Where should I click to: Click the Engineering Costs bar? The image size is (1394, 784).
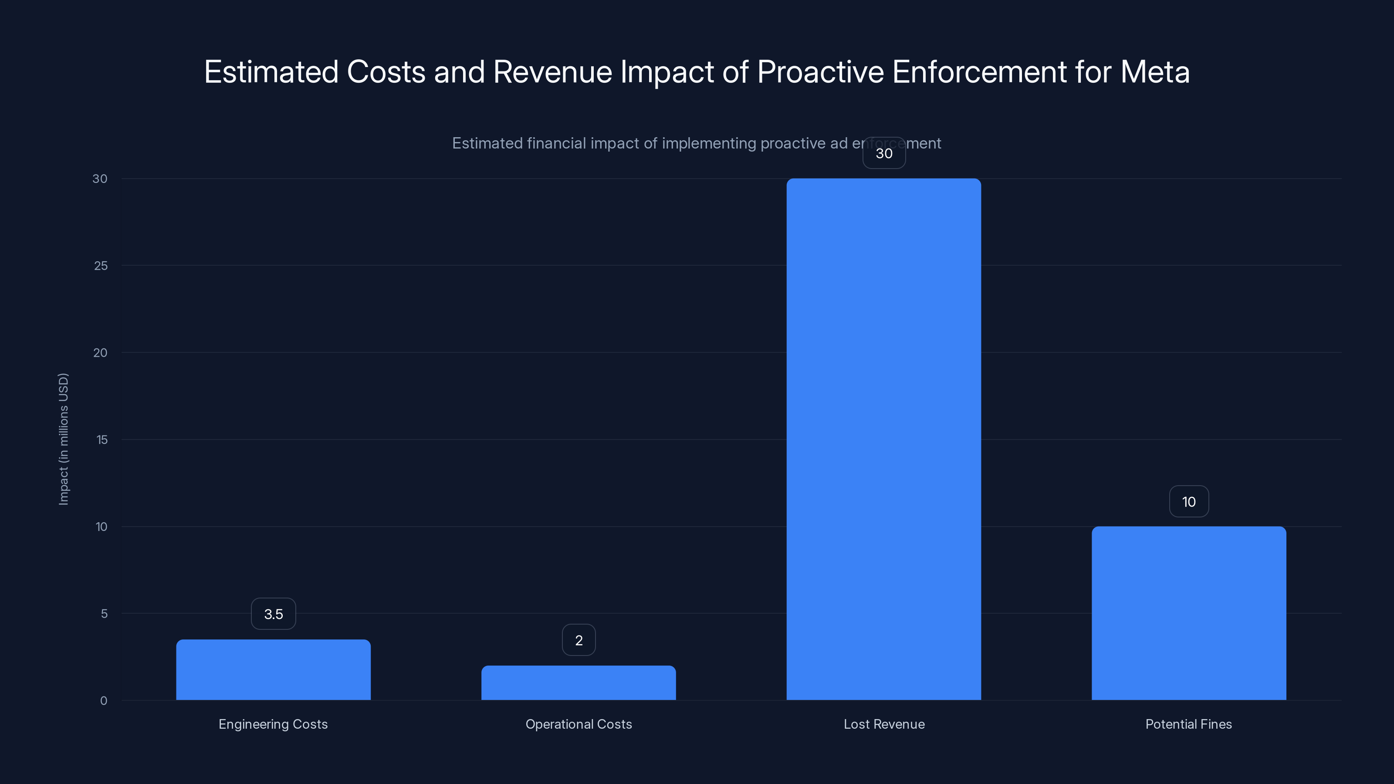click(273, 670)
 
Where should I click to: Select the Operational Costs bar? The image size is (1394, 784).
click(579, 683)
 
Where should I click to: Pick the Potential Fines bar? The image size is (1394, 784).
click(1189, 613)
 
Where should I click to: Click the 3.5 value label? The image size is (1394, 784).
click(273, 614)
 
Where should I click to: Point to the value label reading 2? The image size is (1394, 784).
click(579, 640)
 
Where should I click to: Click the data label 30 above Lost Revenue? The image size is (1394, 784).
click(884, 153)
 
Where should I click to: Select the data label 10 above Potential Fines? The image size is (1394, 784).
click(1189, 502)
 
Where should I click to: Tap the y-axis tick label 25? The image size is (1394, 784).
click(101, 266)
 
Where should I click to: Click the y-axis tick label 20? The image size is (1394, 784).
click(100, 353)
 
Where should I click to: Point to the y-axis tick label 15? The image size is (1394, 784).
click(102, 440)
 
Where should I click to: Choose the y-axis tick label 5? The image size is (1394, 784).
click(104, 614)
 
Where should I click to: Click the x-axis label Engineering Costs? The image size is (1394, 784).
click(273, 724)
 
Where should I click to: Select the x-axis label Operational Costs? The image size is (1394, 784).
click(579, 724)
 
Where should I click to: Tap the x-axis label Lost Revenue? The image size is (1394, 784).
click(884, 724)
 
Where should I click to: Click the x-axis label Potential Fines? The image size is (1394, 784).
click(1188, 724)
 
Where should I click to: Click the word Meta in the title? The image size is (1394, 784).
click(1155, 72)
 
